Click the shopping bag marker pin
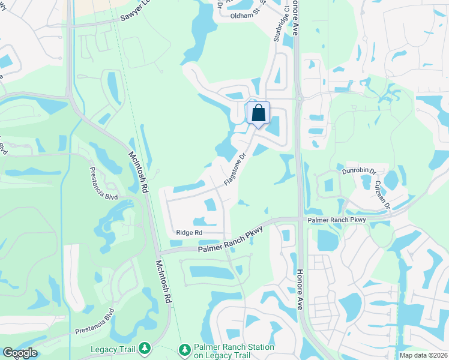pyautogui.click(x=258, y=113)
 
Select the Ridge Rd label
pyautogui.click(x=189, y=233)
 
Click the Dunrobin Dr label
pyautogui.click(x=358, y=170)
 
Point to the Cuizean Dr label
pyautogui.click(x=382, y=195)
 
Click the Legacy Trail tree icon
pyautogui.click(x=144, y=349)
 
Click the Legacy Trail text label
pyautogui.click(x=113, y=349)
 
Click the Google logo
pyautogui.click(x=20, y=353)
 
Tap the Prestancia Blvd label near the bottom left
pyautogui.click(x=94, y=323)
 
